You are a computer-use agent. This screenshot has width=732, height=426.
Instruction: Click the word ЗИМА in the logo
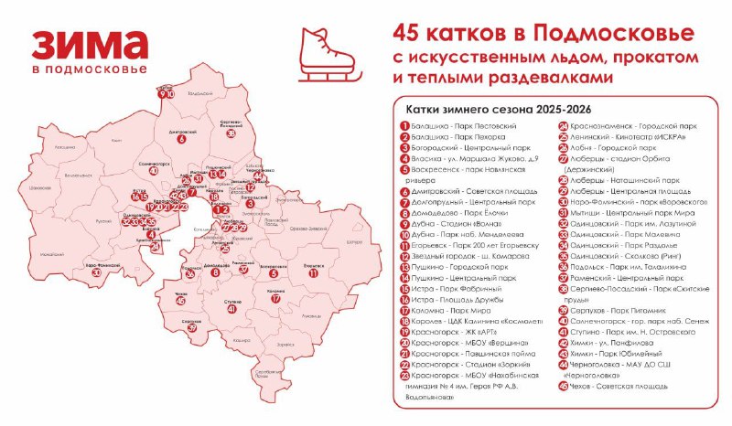(89, 46)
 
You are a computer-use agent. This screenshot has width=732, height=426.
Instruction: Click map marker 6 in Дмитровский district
(181, 140)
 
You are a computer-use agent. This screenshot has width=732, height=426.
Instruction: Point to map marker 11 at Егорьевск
(313, 272)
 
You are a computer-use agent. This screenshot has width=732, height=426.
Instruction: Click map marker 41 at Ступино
(231, 309)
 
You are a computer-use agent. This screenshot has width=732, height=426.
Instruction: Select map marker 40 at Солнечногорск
(153, 171)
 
